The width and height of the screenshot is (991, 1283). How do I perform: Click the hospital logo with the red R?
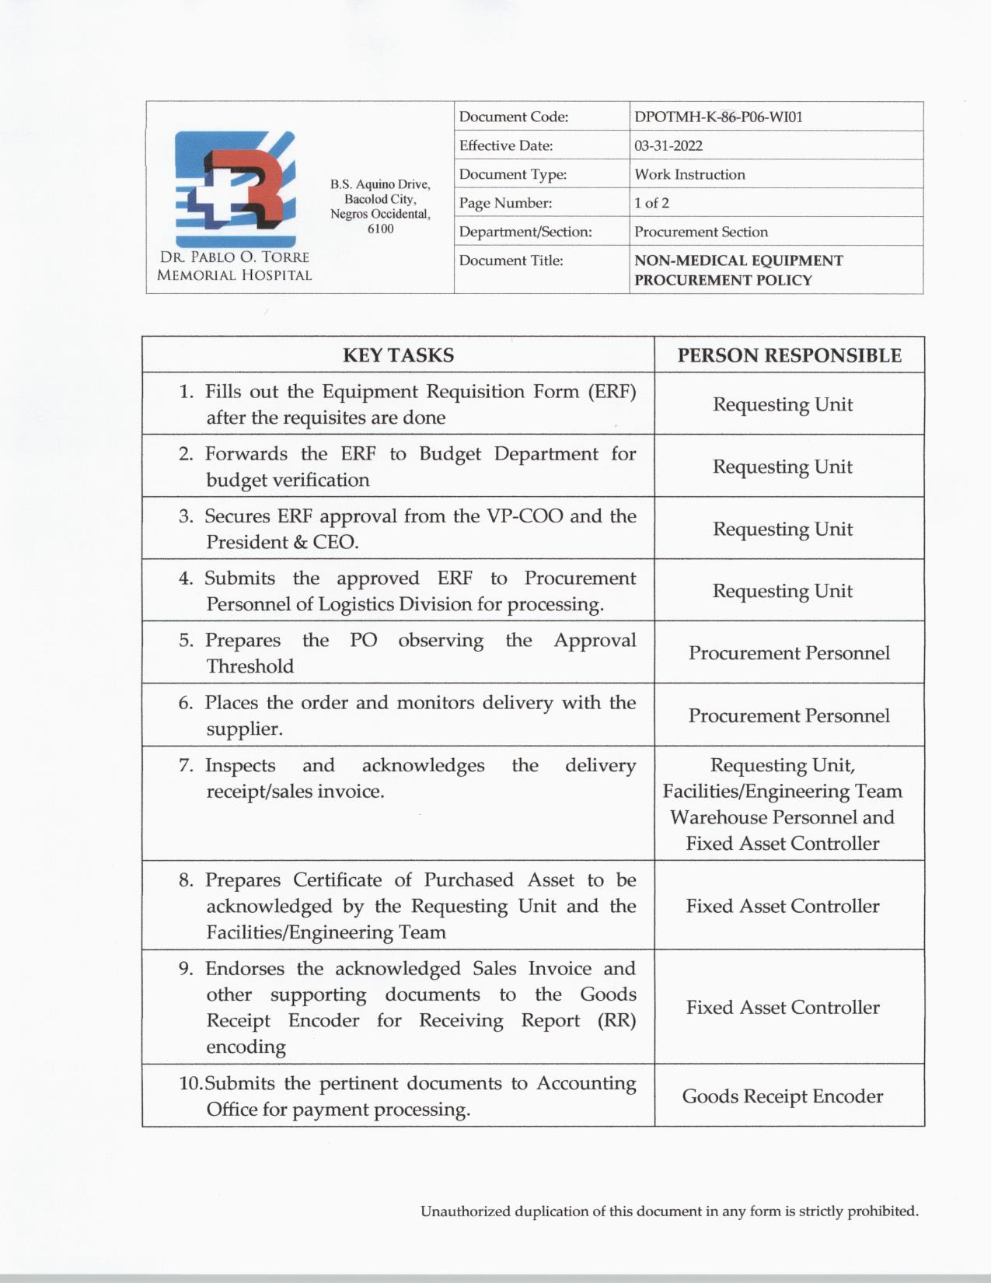[x=235, y=189]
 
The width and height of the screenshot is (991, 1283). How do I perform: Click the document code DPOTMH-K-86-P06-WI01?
[x=718, y=117]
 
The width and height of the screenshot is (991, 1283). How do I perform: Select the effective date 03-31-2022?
[x=668, y=145]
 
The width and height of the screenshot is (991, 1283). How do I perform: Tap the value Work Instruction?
[x=689, y=174]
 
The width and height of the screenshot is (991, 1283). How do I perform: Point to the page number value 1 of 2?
[x=651, y=203]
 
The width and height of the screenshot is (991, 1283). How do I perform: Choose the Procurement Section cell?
[x=700, y=232]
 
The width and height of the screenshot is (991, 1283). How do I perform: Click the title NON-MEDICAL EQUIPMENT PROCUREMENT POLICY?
[x=738, y=270]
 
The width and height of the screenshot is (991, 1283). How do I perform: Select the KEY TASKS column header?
[x=398, y=355]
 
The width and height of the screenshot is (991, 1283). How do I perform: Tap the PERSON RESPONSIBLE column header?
[x=789, y=355]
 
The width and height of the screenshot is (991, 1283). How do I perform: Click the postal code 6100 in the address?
[x=380, y=229]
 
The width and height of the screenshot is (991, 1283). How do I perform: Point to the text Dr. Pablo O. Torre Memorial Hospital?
[x=234, y=266]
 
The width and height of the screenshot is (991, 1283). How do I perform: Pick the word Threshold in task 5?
[x=249, y=666]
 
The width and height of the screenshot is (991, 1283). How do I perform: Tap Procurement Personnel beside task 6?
[x=789, y=715]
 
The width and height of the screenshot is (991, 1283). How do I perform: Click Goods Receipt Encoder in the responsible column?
[x=782, y=1096]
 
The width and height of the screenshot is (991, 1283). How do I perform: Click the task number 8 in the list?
[x=186, y=880]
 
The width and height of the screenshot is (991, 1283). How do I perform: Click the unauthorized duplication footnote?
[x=669, y=1211]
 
